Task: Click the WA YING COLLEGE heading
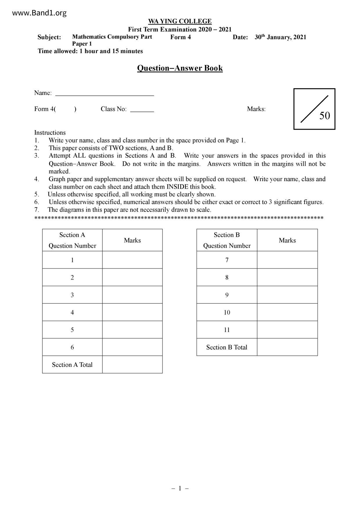180,21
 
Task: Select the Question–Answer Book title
180,68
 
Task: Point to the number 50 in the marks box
325,116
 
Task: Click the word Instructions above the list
50,133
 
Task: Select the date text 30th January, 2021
280,37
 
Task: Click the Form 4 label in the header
181,37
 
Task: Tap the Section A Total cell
72,365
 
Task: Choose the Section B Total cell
227,347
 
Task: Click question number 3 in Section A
72,295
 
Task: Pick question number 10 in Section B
227,312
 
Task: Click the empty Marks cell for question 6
132,347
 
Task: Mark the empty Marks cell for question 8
287,277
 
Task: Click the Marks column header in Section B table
287,240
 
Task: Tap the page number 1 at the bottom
180,488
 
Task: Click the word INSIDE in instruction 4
177,187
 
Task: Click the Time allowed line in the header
90,51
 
